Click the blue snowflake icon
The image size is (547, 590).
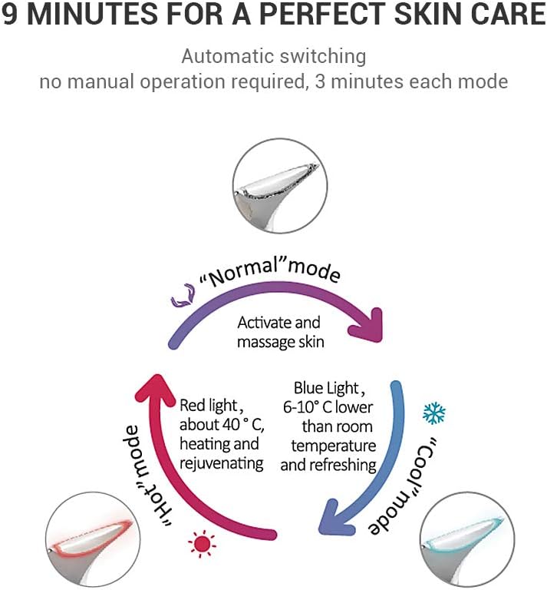coord(434,414)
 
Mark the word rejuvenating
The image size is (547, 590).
coord(222,463)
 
